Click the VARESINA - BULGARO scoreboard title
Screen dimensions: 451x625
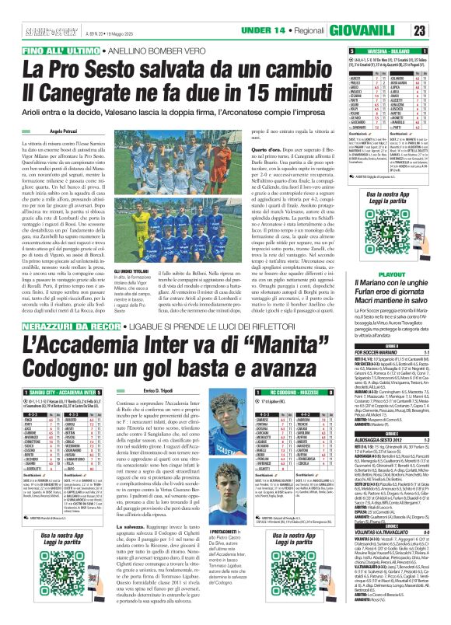384,50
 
